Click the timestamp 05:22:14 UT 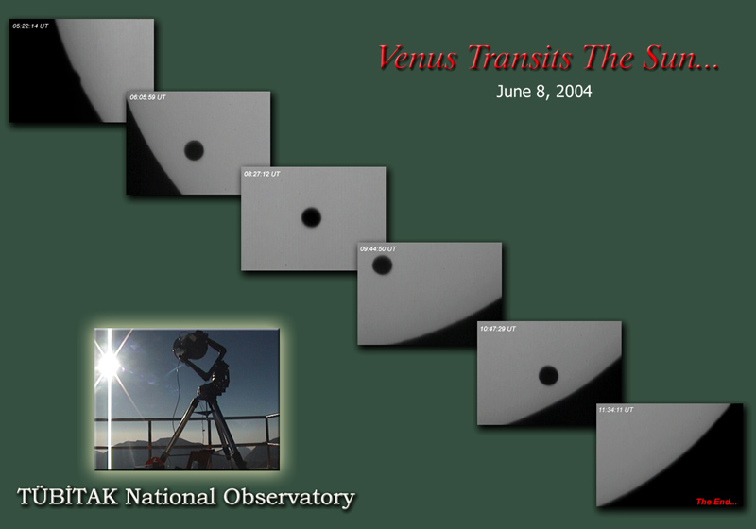pos(30,26)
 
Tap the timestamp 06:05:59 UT pos(147,97)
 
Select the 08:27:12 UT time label pos(262,174)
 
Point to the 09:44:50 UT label pos(378,249)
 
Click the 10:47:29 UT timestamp pos(498,329)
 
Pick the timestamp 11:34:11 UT pos(616,410)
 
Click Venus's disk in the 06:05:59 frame pos(194,150)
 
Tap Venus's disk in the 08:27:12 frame pos(311,217)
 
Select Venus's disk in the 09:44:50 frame pos(382,265)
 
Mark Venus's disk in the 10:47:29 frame pos(548,375)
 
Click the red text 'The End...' pos(716,502)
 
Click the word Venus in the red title pos(417,58)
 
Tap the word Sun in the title pos(672,58)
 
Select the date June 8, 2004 pos(544,92)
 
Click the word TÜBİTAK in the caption pos(67,496)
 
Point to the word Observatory pos(289,498)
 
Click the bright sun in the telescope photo pos(110,365)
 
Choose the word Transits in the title pos(520,58)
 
